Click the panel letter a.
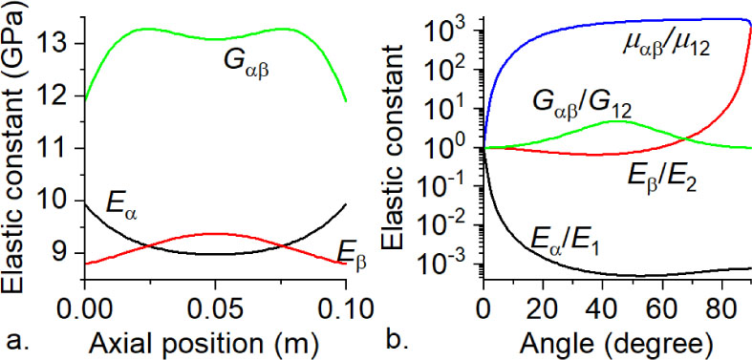pos(11,341)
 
